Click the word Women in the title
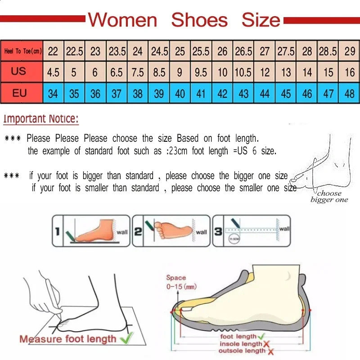coord(122,20)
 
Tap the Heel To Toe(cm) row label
coord(22,51)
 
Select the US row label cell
coord(19,72)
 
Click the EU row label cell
coord(19,94)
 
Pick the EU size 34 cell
coord(53,94)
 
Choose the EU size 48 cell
coord(350,94)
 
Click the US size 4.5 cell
coord(53,72)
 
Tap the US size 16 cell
coord(350,72)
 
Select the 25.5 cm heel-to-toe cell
coord(201,51)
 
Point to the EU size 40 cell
coord(180,94)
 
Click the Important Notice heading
coord(41,119)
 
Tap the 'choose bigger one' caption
coord(329,197)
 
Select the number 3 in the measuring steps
coord(218,232)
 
